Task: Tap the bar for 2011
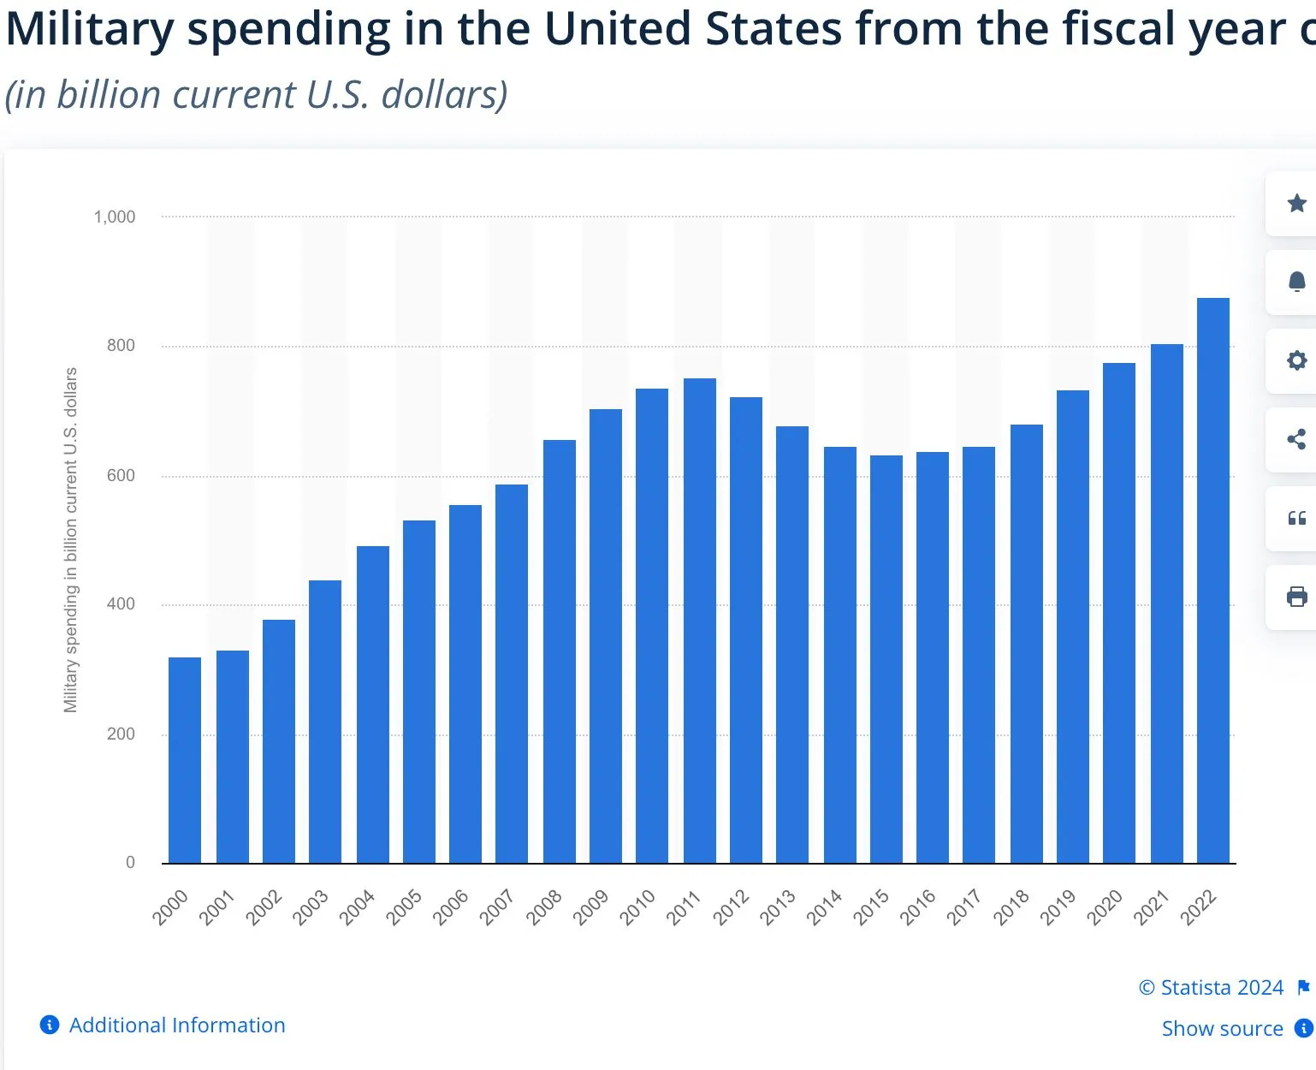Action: (699, 621)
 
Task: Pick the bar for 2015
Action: (886, 659)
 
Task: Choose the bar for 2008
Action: (559, 651)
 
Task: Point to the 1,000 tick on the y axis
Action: (115, 217)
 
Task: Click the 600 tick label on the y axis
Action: (121, 476)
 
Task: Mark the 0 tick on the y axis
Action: (130, 863)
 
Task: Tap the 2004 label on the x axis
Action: (357, 907)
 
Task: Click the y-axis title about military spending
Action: (70, 539)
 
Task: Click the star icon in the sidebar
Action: (1296, 204)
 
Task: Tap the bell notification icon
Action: (1296, 282)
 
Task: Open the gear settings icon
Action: (1296, 360)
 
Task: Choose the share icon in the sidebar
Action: (1296, 439)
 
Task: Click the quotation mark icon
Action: (1296, 518)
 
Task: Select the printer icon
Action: (1296, 597)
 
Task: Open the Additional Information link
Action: (176, 1025)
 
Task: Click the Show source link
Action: (1222, 1029)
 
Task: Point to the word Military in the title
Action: (90, 29)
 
